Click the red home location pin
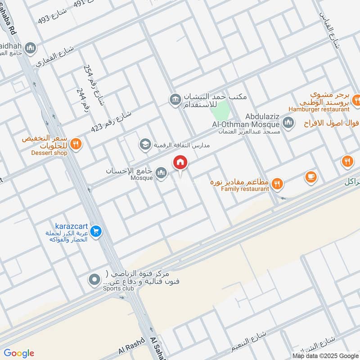(x=180, y=162)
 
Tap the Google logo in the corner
(x=18, y=353)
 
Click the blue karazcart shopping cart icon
(x=95, y=232)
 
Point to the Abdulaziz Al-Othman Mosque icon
(x=288, y=122)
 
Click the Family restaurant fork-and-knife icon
(x=278, y=183)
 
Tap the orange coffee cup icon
(x=310, y=177)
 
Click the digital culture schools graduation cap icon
(x=145, y=144)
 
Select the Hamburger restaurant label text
(x=319, y=109)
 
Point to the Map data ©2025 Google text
(x=325, y=355)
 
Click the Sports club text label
(x=118, y=288)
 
